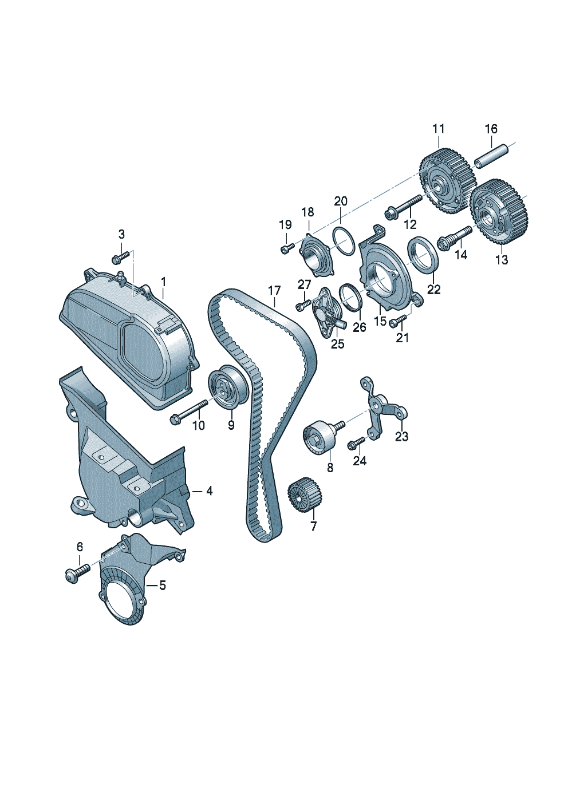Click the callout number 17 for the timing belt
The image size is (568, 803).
click(x=274, y=291)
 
